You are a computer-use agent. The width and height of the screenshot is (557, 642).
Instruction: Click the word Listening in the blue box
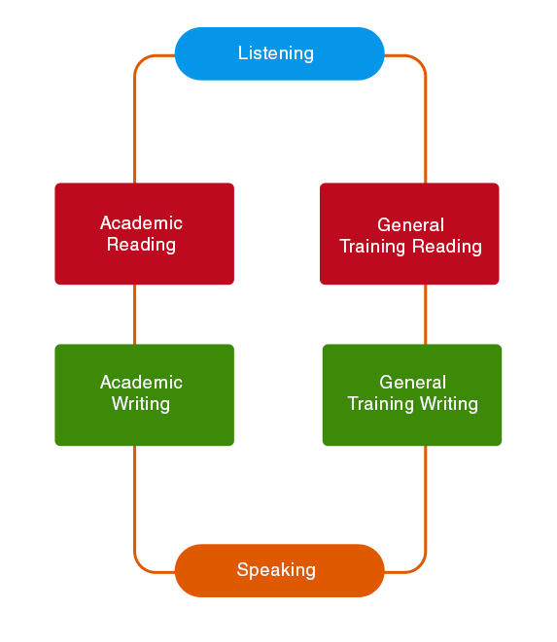point(276,53)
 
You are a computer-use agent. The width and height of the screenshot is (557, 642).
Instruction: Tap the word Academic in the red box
point(141,223)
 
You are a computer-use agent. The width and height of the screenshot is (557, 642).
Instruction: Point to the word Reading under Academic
point(141,245)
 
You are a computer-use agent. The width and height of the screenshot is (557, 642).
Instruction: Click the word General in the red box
point(410,225)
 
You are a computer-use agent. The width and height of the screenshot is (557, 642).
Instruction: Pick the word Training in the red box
point(374,247)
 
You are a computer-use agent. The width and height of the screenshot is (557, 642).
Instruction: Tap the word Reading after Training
point(447,247)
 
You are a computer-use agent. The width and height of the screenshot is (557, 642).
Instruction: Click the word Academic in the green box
point(141,383)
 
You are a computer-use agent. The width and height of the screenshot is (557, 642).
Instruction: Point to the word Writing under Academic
point(141,404)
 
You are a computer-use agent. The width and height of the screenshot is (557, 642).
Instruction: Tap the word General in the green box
point(412,383)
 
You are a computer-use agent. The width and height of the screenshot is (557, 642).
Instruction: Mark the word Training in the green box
point(382,404)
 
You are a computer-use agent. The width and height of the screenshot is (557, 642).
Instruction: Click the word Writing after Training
point(448,404)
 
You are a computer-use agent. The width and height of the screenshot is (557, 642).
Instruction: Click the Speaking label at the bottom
point(276,570)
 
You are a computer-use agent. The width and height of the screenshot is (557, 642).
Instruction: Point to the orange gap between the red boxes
point(276,234)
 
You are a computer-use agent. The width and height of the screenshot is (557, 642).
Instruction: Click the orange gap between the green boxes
point(278,395)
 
